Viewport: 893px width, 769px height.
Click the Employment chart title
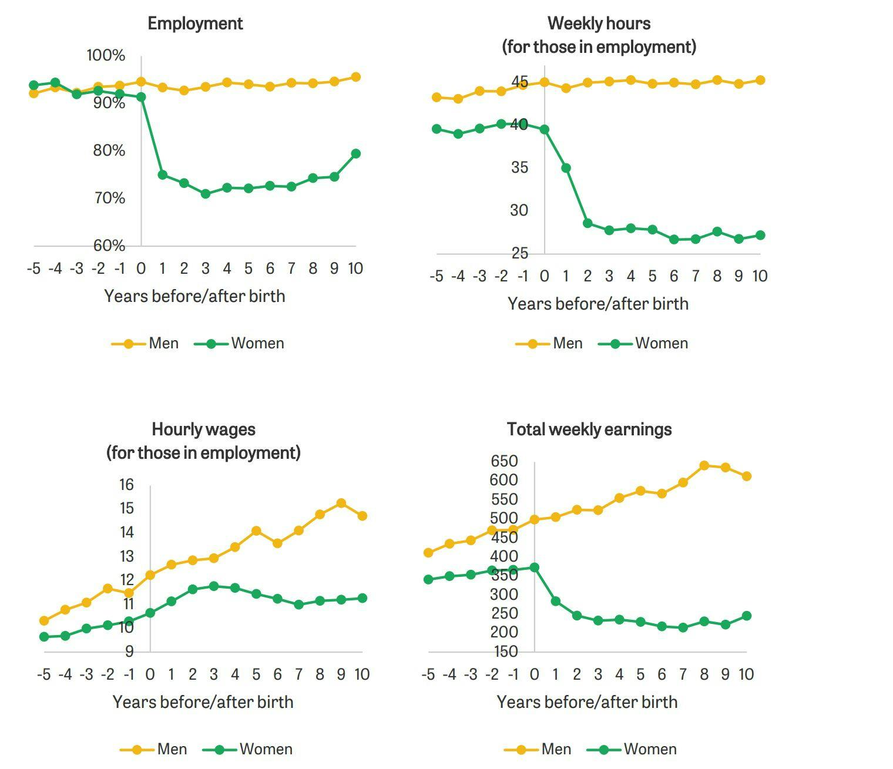tap(195, 23)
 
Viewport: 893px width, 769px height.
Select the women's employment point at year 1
tap(163, 174)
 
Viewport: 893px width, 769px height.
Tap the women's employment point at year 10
tap(355, 153)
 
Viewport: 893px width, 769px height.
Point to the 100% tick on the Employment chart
tap(106, 55)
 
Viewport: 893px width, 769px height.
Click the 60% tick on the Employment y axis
tap(109, 246)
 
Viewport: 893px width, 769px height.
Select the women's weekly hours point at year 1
tap(566, 168)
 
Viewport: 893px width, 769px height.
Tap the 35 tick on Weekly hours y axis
tap(519, 167)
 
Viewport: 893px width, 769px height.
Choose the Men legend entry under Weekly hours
tap(549, 344)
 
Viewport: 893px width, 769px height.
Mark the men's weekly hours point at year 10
tap(760, 80)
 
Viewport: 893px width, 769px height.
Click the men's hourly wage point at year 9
tap(341, 503)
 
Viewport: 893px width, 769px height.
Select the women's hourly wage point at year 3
tap(214, 586)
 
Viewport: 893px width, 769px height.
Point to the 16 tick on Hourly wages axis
tap(126, 485)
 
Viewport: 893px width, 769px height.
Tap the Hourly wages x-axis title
tap(203, 702)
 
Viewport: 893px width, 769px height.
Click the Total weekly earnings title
tap(589, 429)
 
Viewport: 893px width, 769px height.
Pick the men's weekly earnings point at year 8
tap(704, 466)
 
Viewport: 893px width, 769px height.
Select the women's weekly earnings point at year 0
tap(535, 567)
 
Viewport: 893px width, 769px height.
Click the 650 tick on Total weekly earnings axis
tap(505, 461)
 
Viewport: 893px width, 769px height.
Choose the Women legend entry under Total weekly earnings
tap(638, 750)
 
